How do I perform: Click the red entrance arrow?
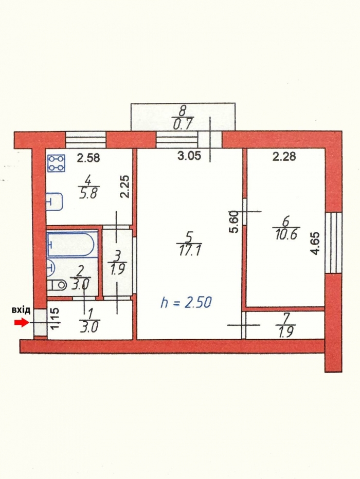click(21, 322)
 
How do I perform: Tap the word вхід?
click(21, 310)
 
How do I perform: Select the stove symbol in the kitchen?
click(56, 163)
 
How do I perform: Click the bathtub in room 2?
click(71, 244)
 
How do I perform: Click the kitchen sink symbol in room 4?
click(54, 202)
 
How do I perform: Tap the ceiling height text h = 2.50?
click(185, 302)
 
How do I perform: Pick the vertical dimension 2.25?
click(124, 187)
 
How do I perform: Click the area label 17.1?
click(188, 250)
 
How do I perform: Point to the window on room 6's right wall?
click(334, 242)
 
